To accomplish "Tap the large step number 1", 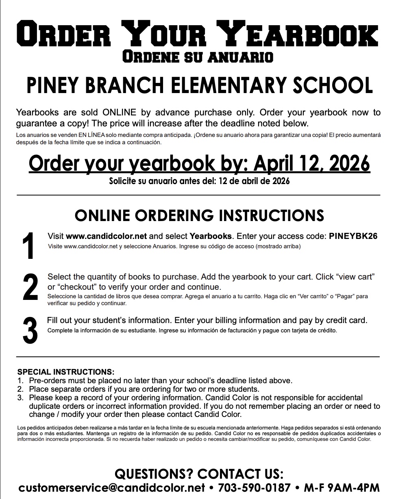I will (x=28, y=246).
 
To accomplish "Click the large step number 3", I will (x=30, y=330).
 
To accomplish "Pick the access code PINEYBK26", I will (x=353, y=236).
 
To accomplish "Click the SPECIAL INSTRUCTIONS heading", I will (x=66, y=372).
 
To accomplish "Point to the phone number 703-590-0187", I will (x=255, y=488).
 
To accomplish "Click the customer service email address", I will (x=111, y=488).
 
